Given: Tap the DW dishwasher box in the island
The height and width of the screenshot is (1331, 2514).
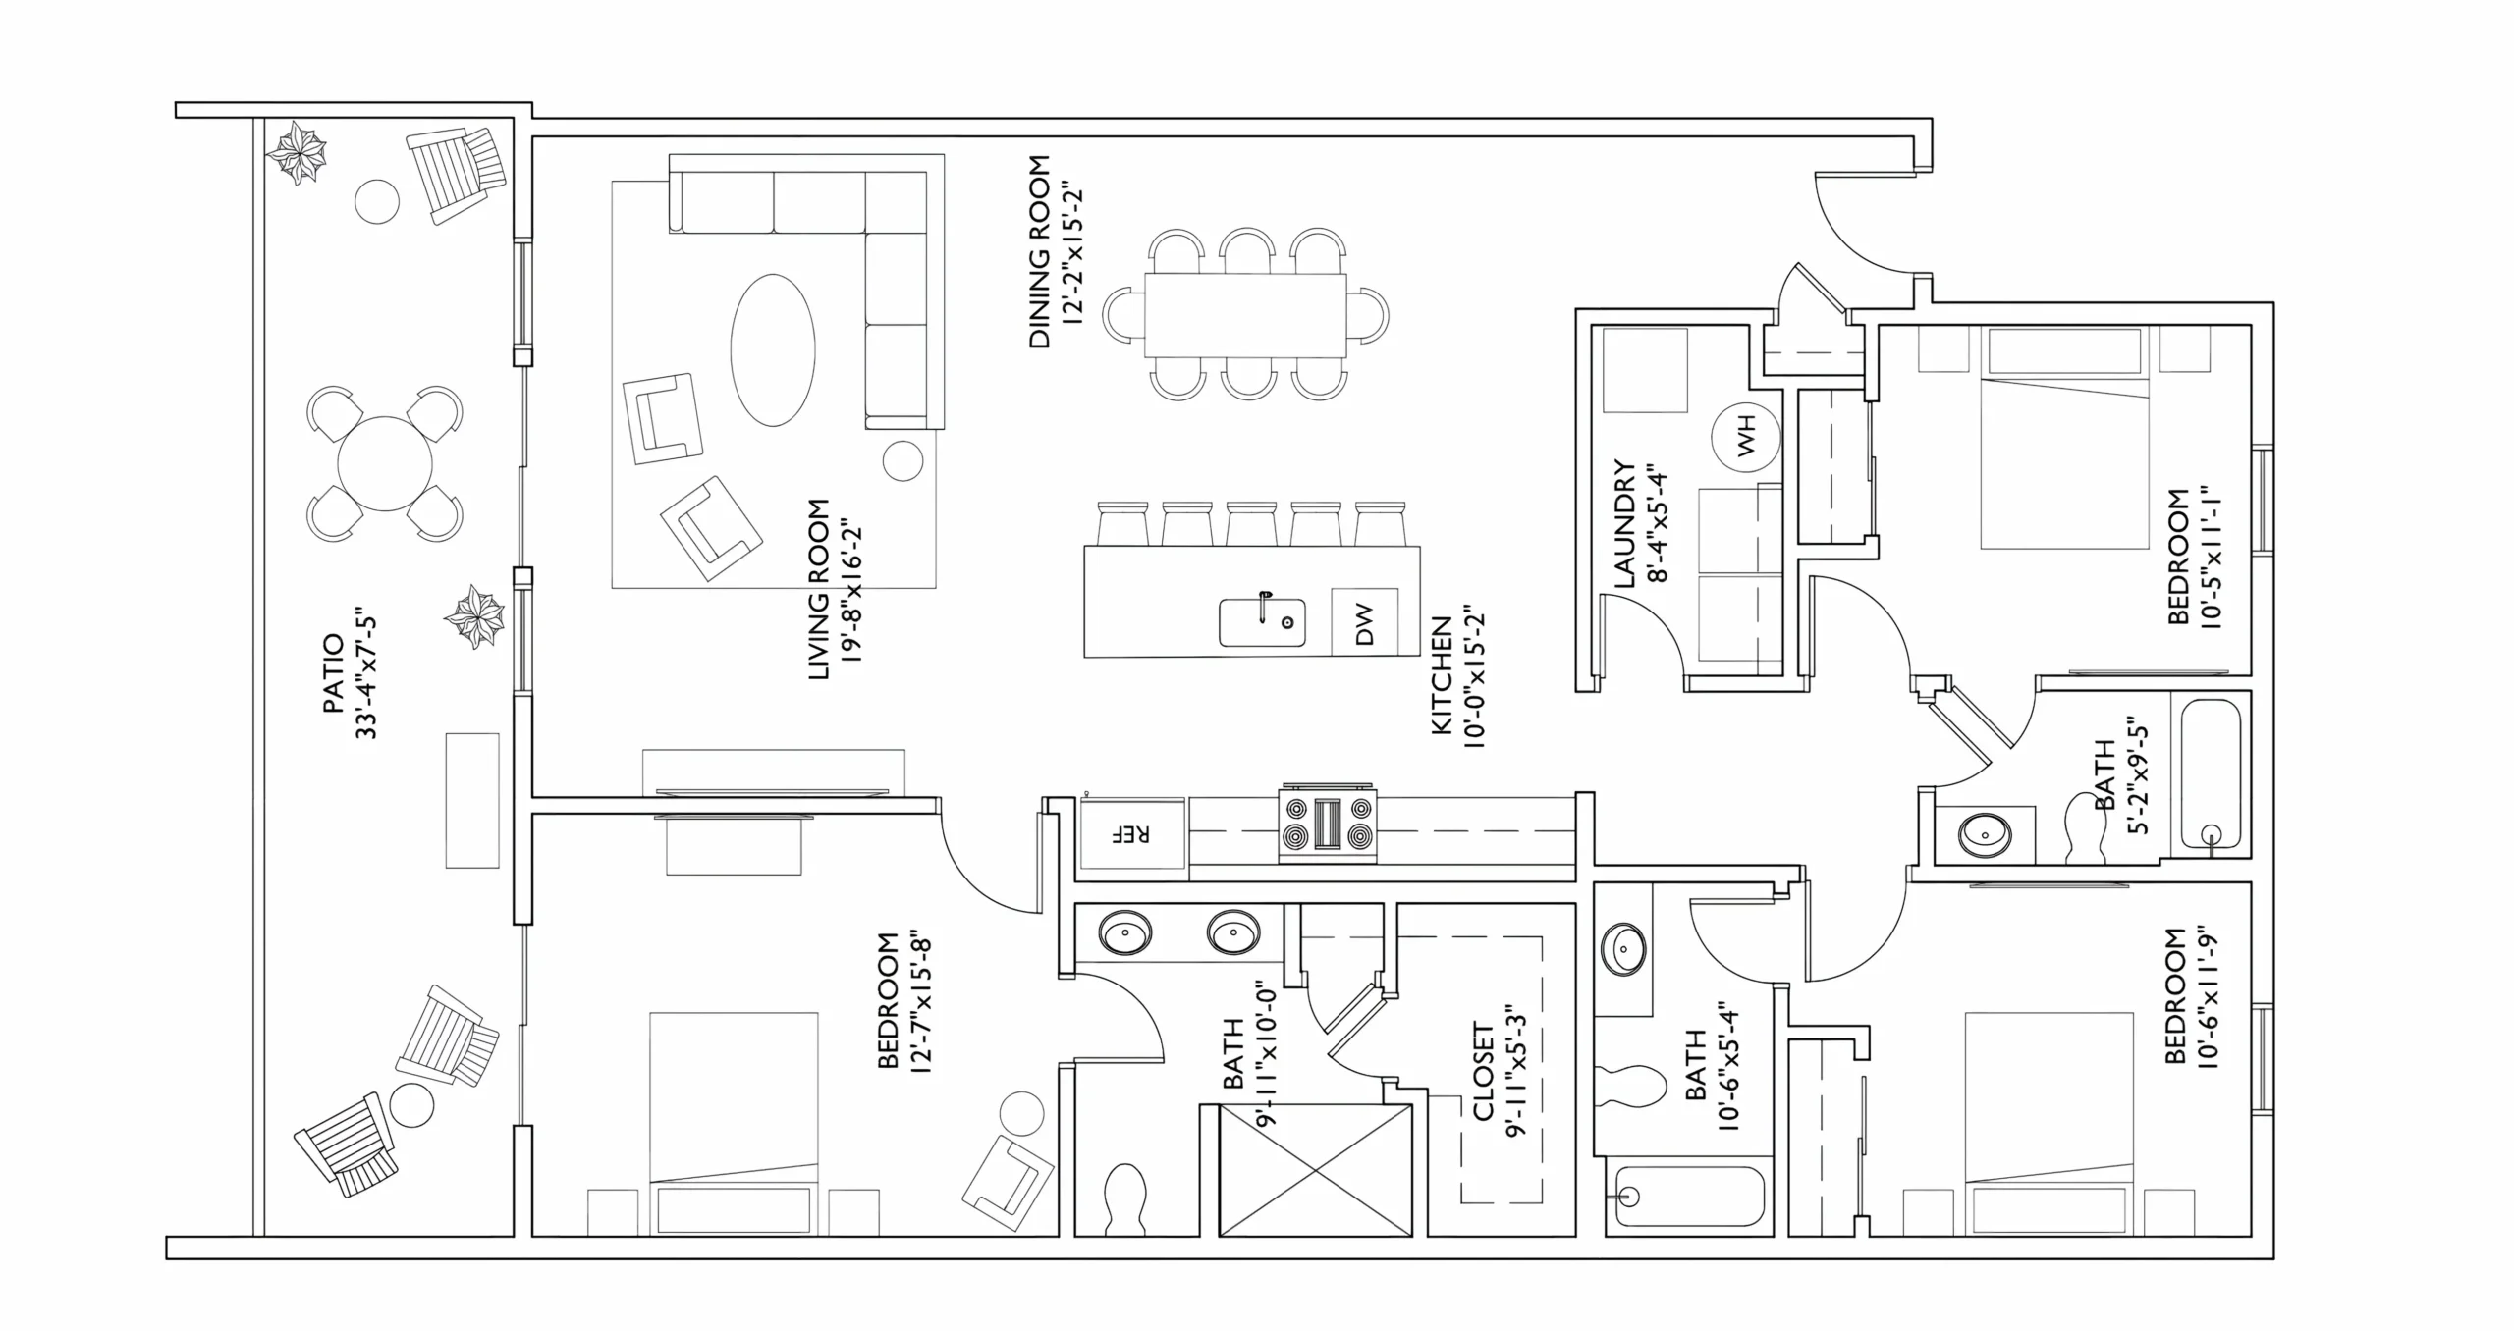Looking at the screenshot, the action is click(x=1364, y=621).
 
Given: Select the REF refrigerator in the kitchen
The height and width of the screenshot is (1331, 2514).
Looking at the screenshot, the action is click(x=1132, y=833).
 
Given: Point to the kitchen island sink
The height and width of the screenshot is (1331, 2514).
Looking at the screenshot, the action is click(x=1262, y=622).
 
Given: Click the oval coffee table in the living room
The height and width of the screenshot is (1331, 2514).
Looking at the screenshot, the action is click(x=773, y=350).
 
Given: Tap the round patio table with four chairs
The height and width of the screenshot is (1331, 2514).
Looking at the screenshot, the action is click(x=385, y=463).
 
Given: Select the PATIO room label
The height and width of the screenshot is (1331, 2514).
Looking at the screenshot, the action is click(x=332, y=673).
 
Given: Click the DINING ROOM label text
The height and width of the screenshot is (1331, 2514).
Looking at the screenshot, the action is click(x=1039, y=252).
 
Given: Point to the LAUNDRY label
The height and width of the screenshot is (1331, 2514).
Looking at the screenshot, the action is click(x=1624, y=524).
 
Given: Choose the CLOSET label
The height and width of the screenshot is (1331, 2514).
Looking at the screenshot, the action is click(x=1482, y=1072).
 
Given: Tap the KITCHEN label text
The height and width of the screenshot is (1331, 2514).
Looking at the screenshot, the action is click(x=1441, y=675).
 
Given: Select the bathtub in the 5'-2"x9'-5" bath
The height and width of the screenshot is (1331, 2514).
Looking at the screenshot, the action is click(x=2211, y=772).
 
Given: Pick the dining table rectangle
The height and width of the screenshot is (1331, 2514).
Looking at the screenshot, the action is click(x=1245, y=316).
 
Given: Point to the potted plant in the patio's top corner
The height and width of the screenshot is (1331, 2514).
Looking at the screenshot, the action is click(x=298, y=152).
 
